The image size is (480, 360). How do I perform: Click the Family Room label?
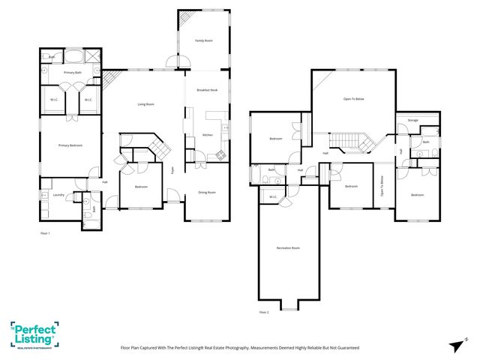click(x=204, y=40)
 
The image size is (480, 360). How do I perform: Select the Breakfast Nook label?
click(x=207, y=90)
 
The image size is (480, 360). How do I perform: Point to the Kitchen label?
click(x=208, y=135)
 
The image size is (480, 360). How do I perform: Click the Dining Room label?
click(x=207, y=193)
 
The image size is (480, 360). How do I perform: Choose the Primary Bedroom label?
click(x=70, y=145)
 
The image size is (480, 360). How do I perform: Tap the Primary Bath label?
click(x=73, y=72)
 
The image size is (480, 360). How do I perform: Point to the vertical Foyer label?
click(x=172, y=170)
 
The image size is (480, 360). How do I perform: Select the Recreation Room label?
click(x=288, y=248)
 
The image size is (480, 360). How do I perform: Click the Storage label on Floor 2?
click(x=412, y=120)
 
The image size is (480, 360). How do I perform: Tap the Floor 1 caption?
click(x=46, y=234)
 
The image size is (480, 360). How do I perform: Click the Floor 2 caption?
click(x=264, y=312)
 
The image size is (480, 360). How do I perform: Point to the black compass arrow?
click(x=457, y=345)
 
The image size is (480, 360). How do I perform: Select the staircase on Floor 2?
click(x=349, y=140)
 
